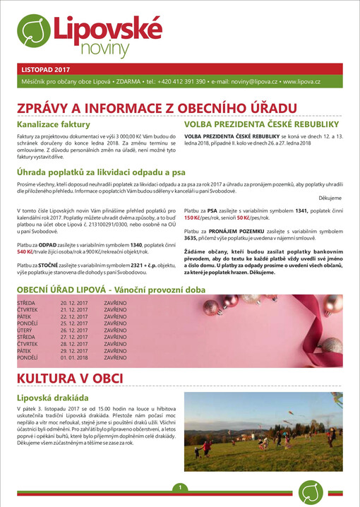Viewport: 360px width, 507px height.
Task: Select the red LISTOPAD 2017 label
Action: click(47, 70)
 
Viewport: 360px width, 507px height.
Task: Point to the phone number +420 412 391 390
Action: click(181, 82)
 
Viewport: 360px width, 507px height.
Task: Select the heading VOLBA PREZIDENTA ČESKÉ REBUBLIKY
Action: click(262, 124)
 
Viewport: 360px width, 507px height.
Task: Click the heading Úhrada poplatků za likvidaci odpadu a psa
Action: click(103, 173)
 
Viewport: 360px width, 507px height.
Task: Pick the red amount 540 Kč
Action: click(26, 251)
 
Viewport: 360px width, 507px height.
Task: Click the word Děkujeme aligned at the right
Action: click(330, 199)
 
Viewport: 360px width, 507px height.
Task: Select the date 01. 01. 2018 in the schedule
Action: click(74, 358)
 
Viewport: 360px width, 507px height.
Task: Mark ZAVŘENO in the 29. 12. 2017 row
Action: click(115, 351)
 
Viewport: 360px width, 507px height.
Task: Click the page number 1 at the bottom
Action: click(181, 488)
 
